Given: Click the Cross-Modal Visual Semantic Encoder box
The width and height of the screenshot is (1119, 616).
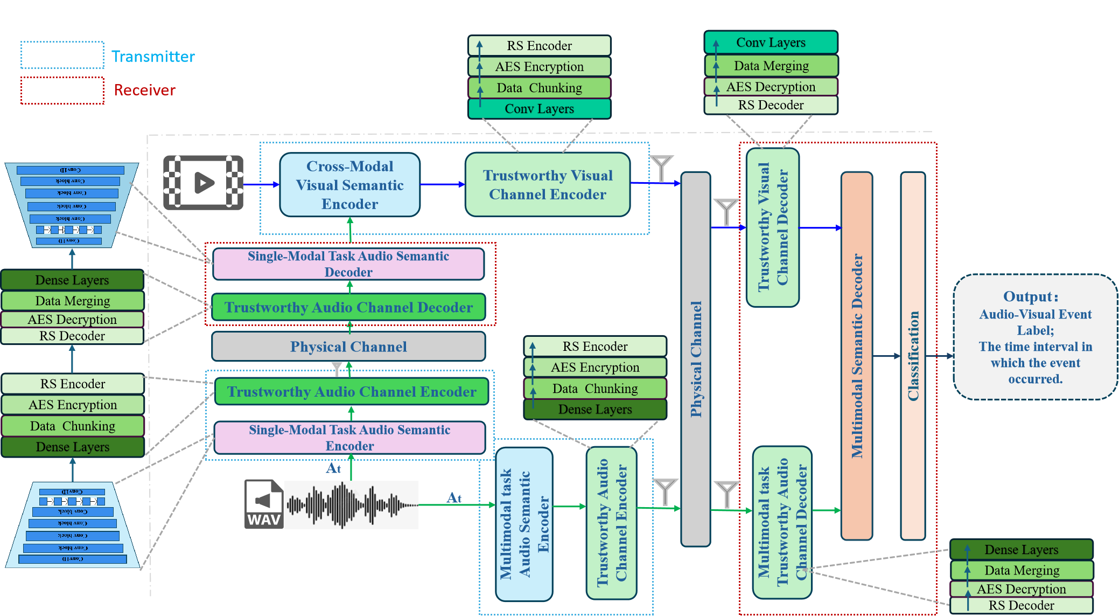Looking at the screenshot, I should pos(349,185).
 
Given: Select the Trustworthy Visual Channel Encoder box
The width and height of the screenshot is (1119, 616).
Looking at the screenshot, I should pos(547,185).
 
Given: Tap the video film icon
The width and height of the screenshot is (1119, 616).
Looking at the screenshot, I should pos(203,183).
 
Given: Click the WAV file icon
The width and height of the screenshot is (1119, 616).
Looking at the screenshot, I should pos(264,504).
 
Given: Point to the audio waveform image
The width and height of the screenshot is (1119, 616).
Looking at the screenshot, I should pos(351,505).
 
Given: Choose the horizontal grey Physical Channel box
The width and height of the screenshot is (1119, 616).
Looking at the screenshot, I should pos(348,347).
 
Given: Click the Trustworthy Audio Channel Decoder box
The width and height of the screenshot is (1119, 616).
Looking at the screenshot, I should pos(348,307).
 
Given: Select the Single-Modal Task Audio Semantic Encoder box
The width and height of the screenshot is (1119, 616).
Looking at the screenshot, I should pos(349,438).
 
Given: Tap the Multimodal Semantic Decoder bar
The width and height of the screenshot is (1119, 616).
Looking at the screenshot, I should pos(856,356).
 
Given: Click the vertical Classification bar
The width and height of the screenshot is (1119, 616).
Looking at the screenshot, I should pos(913,356).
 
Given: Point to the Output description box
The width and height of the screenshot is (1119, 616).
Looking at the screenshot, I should pos(1034,337).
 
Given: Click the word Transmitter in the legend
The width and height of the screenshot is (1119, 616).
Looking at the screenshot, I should pos(153,57).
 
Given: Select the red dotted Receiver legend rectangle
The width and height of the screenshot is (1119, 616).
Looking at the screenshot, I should pos(62,90).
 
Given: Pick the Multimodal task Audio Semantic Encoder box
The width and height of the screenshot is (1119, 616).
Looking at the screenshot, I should pos(524,524).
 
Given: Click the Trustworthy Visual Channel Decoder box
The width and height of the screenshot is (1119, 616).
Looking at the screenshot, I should pos(772,227).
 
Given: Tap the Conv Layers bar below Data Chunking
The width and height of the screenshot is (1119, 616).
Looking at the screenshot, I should pos(539,109).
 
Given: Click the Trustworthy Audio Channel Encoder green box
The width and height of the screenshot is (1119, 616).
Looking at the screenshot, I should pos(351,392).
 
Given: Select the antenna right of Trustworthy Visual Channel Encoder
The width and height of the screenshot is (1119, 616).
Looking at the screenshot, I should pos(661,168).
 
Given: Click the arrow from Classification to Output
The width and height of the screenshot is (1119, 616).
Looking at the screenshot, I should pos(939,356).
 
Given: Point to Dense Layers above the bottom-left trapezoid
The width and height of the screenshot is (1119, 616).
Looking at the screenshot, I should pos(73,447).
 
